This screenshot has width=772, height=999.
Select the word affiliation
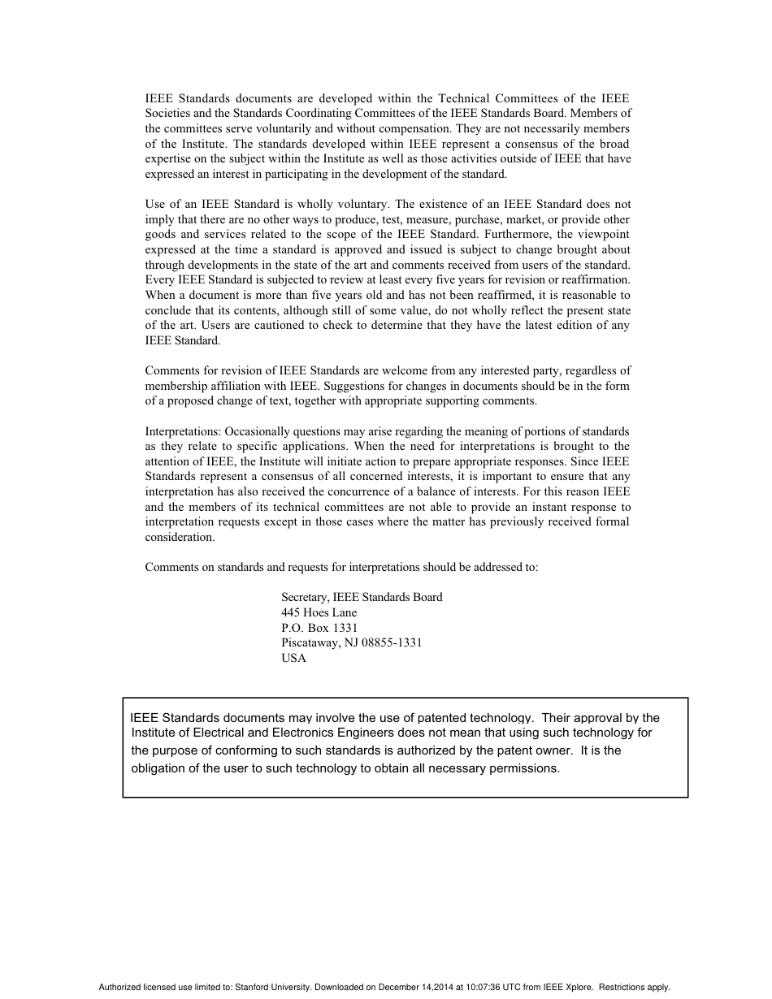233,386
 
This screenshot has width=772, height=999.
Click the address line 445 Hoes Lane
319,612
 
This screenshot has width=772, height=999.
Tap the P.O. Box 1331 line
319,628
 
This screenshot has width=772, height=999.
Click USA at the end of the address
293,659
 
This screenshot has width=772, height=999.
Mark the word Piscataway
311,643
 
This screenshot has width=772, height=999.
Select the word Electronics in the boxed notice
306,733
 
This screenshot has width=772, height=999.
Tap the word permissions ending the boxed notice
524,768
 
